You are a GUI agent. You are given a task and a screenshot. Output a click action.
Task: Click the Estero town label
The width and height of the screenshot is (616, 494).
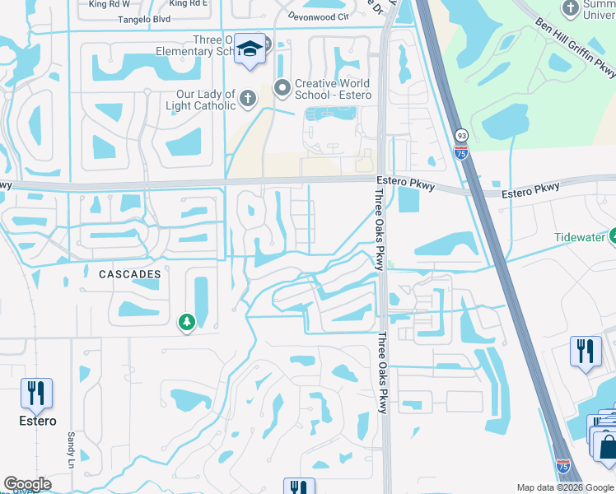click(x=39, y=421)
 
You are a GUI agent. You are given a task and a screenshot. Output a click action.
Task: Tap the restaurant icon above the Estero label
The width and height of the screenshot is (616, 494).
click(x=36, y=393)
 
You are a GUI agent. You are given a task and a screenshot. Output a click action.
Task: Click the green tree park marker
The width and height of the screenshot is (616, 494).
click(x=187, y=322)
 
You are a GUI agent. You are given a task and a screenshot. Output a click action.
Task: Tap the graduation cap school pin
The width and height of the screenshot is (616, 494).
click(x=249, y=48)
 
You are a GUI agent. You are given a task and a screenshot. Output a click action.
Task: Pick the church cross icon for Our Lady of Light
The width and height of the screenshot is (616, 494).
click(x=248, y=100)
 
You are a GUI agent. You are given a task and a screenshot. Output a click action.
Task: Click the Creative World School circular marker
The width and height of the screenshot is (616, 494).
click(x=282, y=86)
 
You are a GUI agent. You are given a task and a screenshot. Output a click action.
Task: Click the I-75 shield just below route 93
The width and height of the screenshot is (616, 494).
click(x=461, y=151)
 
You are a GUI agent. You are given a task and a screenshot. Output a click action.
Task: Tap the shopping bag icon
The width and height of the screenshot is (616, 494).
click(x=608, y=447)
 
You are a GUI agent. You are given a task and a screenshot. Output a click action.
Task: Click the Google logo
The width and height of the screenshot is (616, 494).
click(x=27, y=484)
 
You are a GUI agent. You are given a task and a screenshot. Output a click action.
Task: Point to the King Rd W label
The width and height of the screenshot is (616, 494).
click(x=109, y=4)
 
